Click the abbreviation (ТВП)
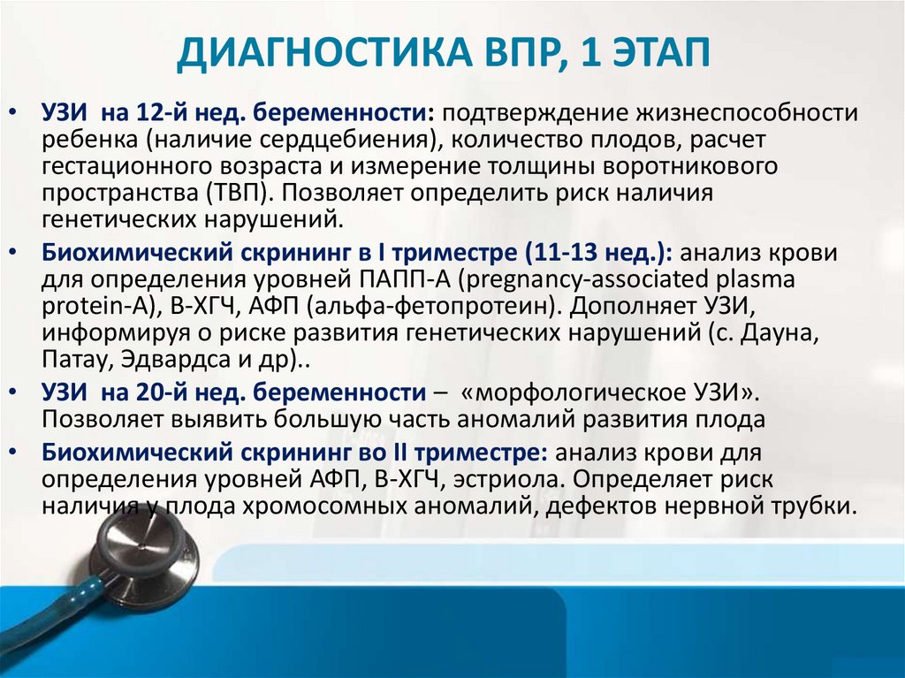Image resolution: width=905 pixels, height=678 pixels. [240, 193]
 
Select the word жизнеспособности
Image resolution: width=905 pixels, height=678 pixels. [748, 112]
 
